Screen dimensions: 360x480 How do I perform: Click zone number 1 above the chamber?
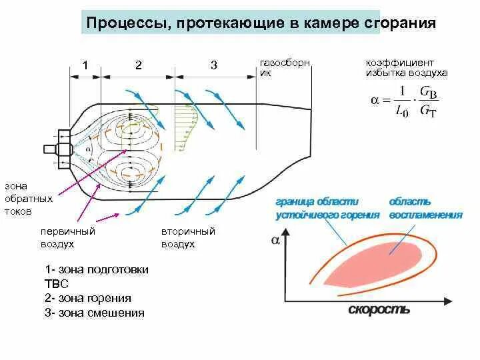point(85,65)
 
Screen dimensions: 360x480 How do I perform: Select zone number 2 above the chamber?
point(138,65)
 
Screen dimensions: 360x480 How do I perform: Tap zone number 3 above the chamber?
point(213,65)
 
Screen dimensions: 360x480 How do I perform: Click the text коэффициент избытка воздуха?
point(405,67)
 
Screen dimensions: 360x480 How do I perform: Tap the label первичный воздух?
point(67,237)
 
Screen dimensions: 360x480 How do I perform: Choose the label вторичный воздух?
point(187,237)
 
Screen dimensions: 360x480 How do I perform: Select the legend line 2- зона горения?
point(88,298)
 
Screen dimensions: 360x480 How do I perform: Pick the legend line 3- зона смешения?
point(95,312)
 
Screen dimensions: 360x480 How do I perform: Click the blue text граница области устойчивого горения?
point(327,208)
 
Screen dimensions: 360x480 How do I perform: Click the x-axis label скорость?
point(378,310)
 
